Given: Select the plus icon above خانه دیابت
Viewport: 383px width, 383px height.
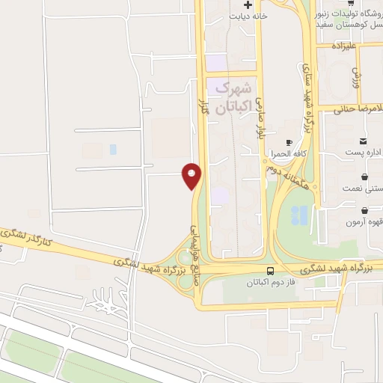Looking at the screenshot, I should point(248,4).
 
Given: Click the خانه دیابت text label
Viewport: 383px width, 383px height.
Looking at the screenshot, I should point(248,16).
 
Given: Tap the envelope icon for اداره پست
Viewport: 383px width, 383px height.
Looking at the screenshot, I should point(364,140).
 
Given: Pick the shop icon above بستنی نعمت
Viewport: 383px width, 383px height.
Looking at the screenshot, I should point(364,177).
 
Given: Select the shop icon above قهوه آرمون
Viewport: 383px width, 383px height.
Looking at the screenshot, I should point(364,212).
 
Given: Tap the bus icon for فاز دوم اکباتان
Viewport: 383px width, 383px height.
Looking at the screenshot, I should point(270,271).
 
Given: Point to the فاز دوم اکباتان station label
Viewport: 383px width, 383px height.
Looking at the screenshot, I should point(270,284).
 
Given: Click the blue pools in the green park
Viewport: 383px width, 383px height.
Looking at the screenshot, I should point(298,215).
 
